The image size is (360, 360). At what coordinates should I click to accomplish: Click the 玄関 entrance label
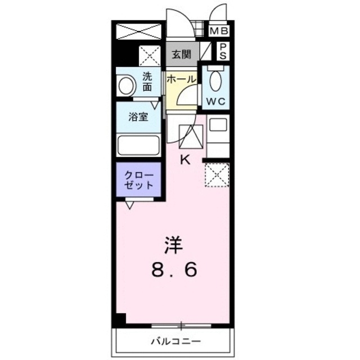[x=182, y=55]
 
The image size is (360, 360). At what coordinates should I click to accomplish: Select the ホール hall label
[x=181, y=79]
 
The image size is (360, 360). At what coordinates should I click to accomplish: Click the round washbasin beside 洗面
[x=126, y=86]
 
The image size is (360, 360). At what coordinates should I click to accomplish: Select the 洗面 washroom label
[x=147, y=82]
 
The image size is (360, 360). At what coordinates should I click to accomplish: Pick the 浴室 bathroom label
[x=138, y=118]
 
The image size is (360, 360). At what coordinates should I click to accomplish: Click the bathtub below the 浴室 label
[x=138, y=145]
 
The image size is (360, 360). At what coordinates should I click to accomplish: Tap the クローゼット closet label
[x=138, y=180]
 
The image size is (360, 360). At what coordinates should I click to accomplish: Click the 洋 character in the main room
[x=174, y=246]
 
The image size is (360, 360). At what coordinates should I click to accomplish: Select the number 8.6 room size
[x=174, y=271]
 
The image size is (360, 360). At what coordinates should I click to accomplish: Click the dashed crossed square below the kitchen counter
[x=216, y=175]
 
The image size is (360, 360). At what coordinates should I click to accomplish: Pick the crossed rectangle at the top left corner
[x=138, y=31]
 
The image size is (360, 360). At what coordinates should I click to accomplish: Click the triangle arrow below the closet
[x=130, y=206]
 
